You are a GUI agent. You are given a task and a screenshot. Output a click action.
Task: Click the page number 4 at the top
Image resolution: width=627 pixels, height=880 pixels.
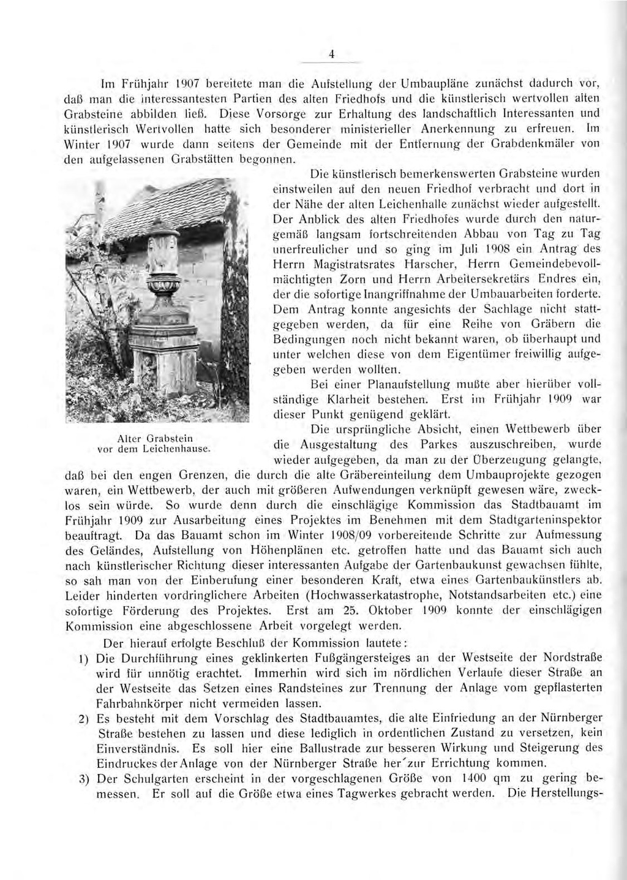(331, 55)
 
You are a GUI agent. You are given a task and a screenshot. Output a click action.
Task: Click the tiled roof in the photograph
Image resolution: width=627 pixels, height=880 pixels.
(178, 202)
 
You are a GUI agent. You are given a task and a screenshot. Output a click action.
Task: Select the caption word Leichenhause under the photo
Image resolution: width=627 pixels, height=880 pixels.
(178, 449)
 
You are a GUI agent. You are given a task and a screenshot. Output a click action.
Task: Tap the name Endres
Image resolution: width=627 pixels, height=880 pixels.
(555, 280)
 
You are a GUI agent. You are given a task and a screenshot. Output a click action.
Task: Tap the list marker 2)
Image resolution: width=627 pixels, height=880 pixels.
(85, 718)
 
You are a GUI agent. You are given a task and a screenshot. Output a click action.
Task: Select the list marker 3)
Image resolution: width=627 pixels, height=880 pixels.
(85, 779)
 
